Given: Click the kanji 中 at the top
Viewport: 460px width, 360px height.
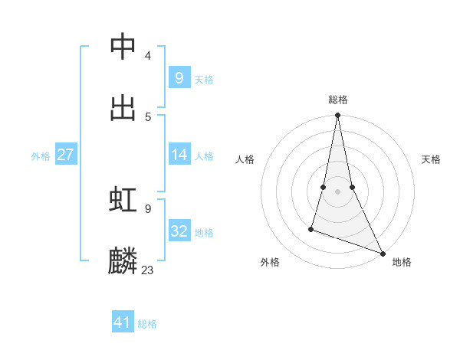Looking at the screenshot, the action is click(123, 47).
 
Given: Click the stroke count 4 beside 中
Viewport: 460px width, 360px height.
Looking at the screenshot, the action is click(148, 56).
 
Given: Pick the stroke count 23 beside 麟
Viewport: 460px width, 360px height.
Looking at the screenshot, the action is click(148, 270).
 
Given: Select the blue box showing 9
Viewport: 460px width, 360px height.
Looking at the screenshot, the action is click(179, 77).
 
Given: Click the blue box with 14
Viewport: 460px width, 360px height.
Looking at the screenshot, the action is click(179, 155).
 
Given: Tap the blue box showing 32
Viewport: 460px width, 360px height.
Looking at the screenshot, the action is click(179, 231).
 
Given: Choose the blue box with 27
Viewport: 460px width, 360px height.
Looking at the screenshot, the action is click(65, 155).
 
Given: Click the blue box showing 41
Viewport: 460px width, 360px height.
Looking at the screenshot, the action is click(123, 322).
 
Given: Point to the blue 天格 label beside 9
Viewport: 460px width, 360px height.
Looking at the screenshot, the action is click(203, 80).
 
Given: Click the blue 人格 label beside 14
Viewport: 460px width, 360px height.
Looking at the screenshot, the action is click(203, 156).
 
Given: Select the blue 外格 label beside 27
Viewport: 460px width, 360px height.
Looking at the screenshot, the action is click(41, 156).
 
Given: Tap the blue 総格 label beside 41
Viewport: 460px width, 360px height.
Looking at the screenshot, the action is click(147, 324).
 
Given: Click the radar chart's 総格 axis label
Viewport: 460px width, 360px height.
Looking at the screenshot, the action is click(338, 100).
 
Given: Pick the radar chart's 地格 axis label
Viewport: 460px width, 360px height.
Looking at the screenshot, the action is click(402, 262).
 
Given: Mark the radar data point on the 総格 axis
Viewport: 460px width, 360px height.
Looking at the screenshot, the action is click(337, 116).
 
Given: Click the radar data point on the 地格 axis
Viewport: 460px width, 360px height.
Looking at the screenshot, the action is click(382, 253).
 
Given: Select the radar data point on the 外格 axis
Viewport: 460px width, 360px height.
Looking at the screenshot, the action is click(311, 228).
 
